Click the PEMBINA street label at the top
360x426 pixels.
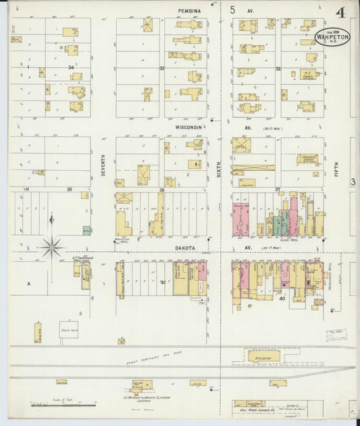(191, 11)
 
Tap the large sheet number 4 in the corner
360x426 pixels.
(341, 12)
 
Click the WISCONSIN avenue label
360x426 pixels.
(189, 127)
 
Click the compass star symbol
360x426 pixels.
(51, 247)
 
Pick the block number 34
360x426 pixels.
(70, 68)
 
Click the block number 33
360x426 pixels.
(161, 68)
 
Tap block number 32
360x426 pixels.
(278, 68)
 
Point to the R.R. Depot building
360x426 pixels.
(258, 355)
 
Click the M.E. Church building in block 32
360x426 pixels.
(307, 74)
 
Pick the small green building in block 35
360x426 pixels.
(86, 230)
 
